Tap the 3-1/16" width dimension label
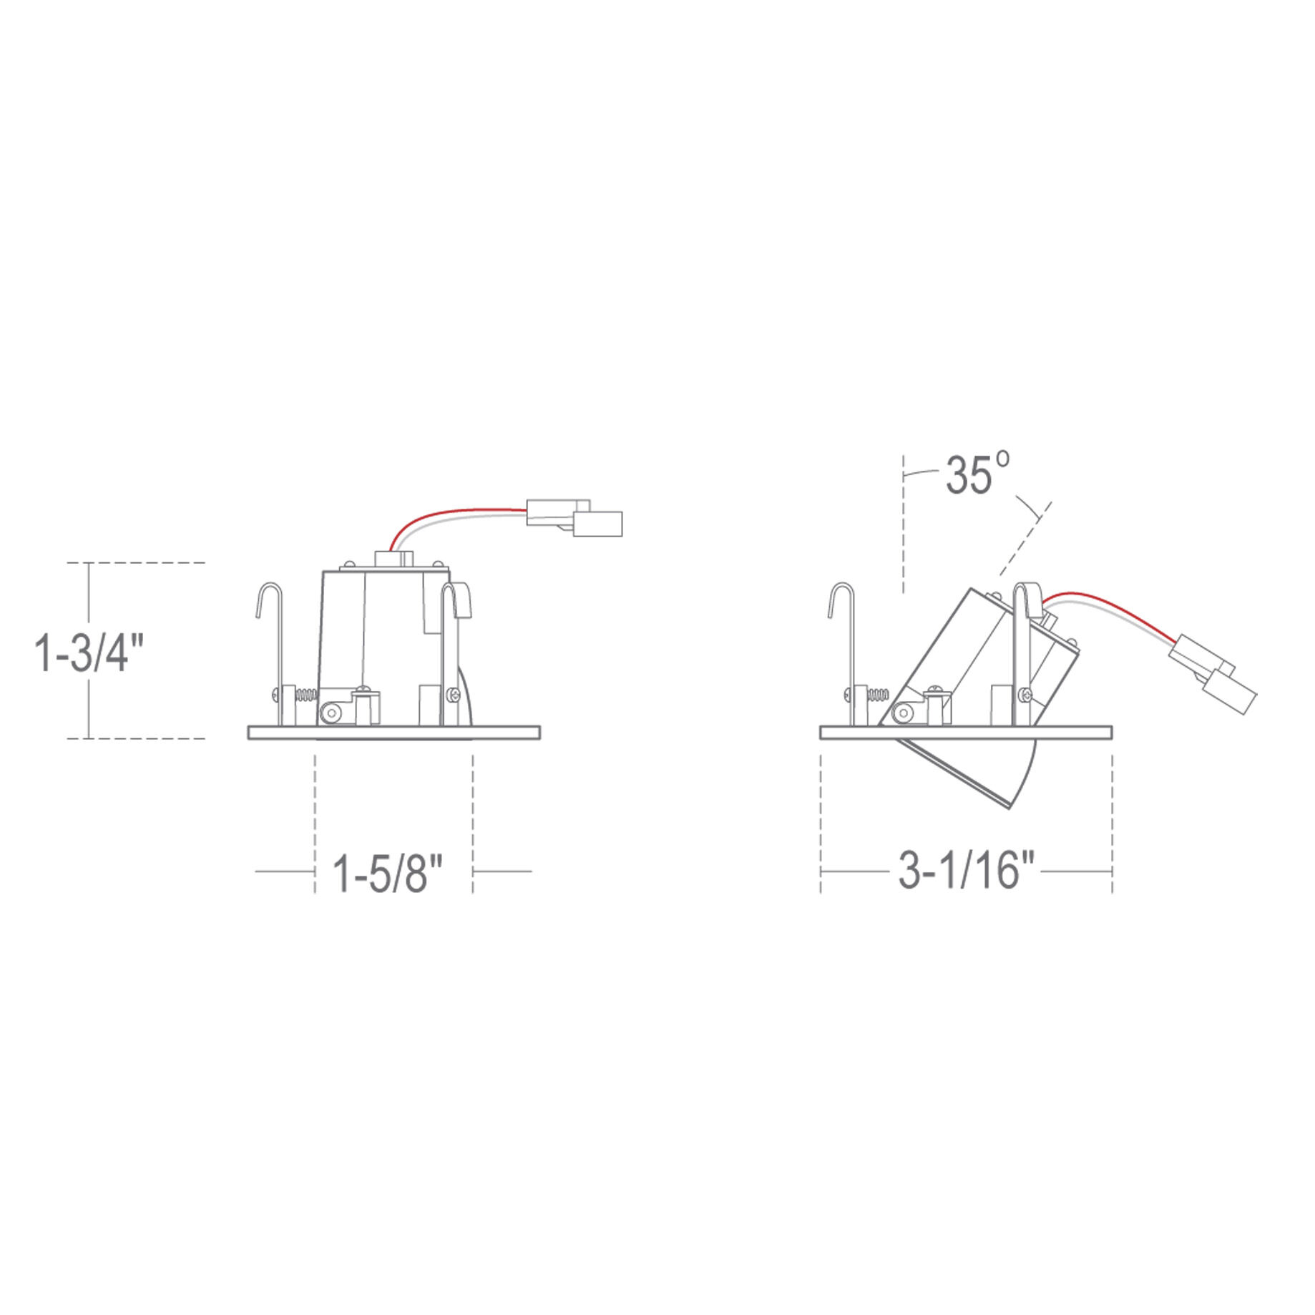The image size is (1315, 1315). pos(967,872)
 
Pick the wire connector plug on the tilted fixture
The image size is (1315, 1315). pos(1213,674)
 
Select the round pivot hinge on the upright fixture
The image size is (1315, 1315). pos(331,713)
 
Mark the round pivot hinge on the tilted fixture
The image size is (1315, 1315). pos(903,713)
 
